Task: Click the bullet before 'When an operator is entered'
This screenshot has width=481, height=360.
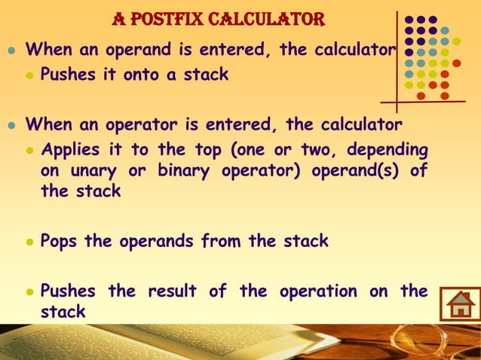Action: point(10,124)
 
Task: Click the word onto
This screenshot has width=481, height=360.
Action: point(139,75)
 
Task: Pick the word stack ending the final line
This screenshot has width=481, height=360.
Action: point(63,310)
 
